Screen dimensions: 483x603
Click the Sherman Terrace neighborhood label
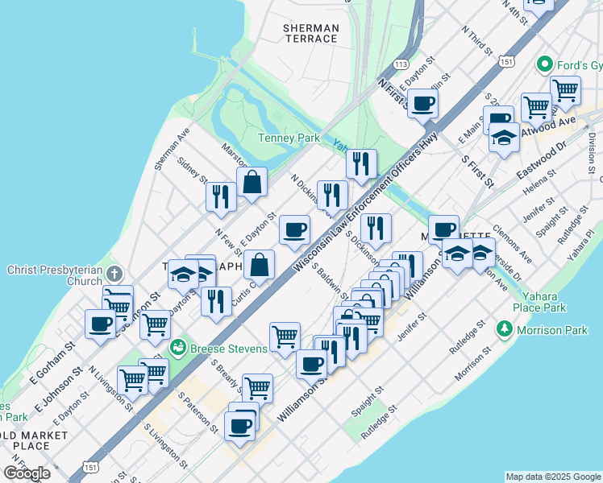coord(310,33)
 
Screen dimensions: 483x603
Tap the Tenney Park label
coord(289,138)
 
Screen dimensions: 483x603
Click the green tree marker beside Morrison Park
coord(505,328)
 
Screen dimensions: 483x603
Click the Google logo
coord(27,473)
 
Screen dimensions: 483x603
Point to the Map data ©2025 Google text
coord(552,477)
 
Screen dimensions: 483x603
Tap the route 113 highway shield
coord(401,64)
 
